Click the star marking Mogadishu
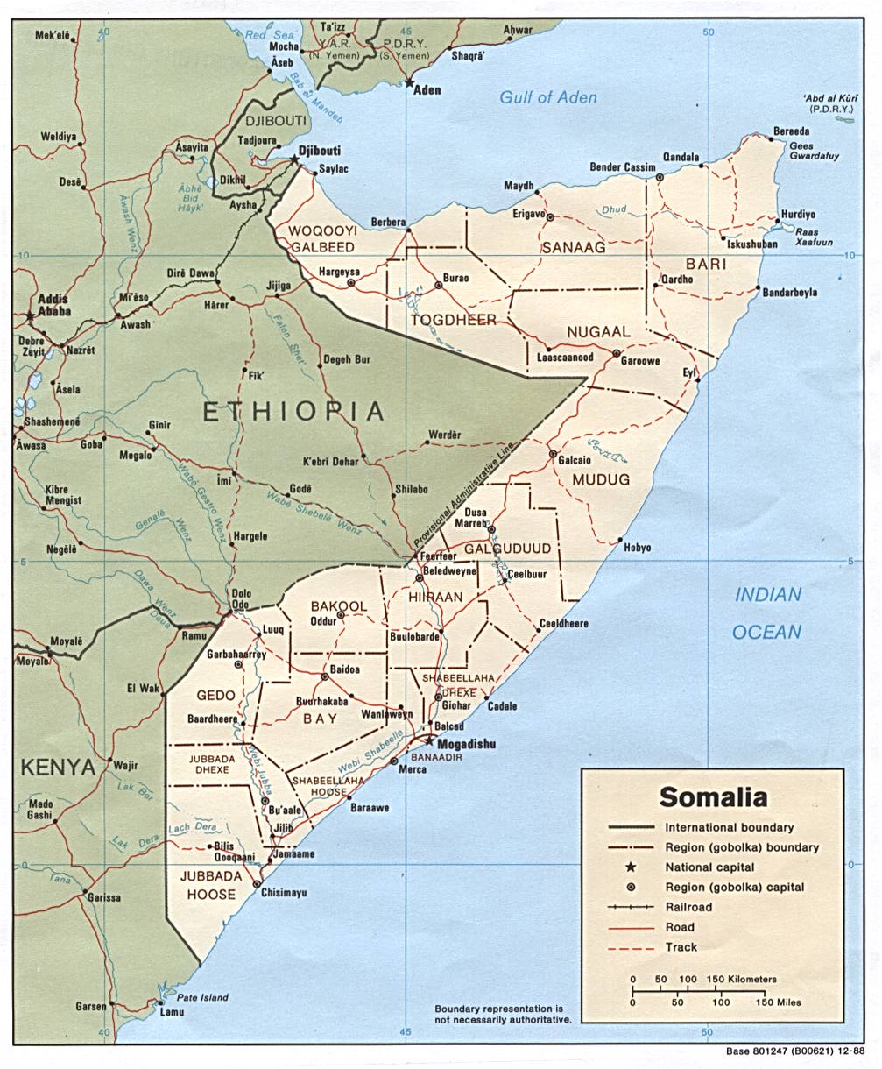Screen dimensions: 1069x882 pyautogui.click(x=429, y=740)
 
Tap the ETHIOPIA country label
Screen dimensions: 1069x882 pyautogui.click(x=293, y=412)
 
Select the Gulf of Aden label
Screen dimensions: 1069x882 pyautogui.click(x=548, y=97)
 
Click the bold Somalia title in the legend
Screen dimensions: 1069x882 pyautogui.click(x=713, y=797)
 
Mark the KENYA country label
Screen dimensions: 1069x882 pyautogui.click(x=58, y=768)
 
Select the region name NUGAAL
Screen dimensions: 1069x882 pyautogui.click(x=598, y=332)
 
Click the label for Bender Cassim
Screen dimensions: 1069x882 pyautogui.click(x=623, y=167)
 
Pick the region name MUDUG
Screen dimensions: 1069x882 pyautogui.click(x=601, y=479)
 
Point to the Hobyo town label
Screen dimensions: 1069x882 pyautogui.click(x=637, y=548)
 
